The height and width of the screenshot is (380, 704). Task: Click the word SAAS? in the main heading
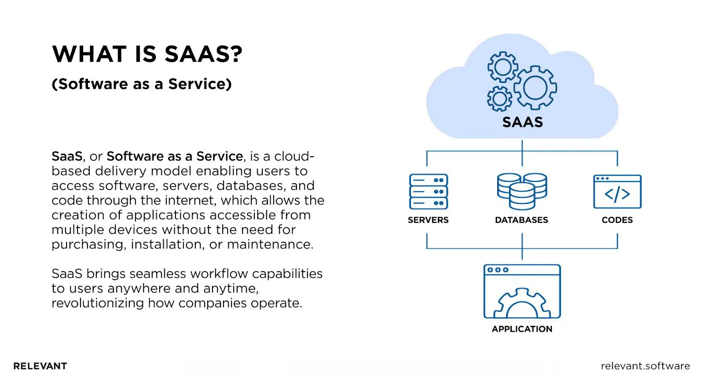203,55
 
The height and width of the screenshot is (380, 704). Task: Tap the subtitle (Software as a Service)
142,84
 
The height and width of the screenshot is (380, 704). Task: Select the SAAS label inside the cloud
522,122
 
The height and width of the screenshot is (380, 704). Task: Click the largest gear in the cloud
535,87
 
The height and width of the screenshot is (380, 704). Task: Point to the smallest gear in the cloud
499,98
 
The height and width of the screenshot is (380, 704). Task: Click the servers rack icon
428,192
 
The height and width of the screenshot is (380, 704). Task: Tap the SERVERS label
428,220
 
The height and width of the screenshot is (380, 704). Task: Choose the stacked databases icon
522,191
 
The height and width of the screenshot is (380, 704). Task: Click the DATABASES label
521,220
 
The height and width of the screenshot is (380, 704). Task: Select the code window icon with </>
617,192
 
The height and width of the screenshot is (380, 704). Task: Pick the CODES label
617,220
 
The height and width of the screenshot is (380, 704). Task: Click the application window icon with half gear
522,291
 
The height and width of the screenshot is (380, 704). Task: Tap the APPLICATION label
522,329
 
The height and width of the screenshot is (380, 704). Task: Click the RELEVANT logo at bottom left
40,366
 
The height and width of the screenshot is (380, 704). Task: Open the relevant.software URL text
645,366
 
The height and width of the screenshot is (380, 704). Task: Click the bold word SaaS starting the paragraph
67,156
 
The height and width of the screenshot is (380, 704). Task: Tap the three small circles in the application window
498,270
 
